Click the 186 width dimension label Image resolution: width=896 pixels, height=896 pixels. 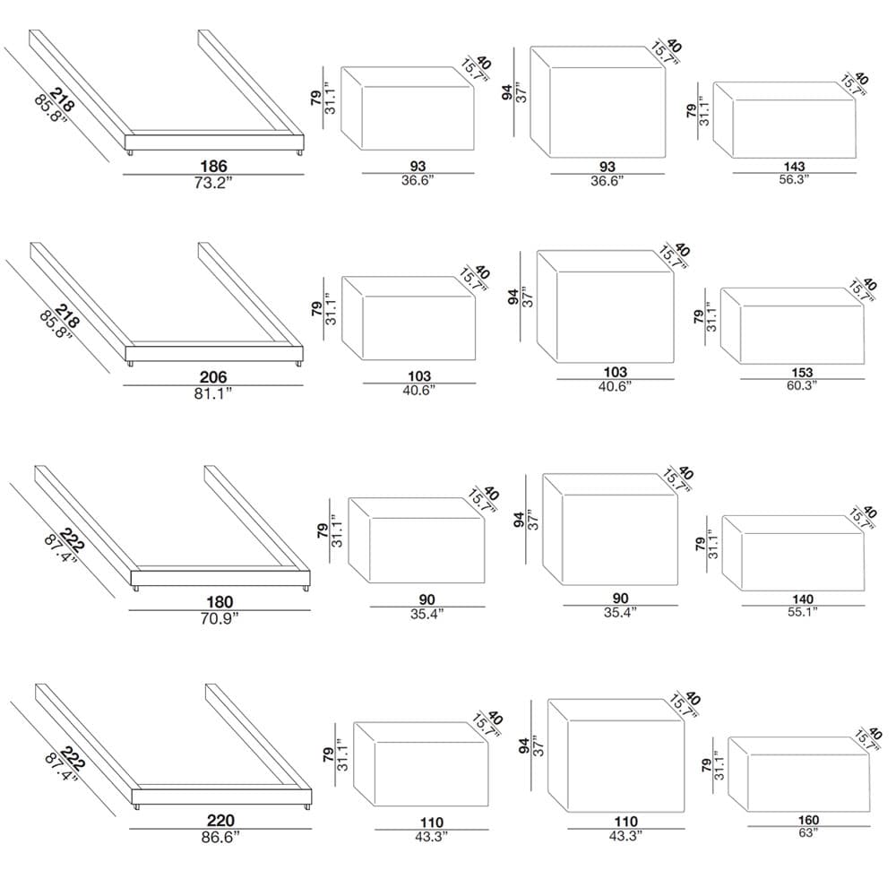click(x=214, y=167)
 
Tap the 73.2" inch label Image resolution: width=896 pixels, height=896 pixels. click(x=213, y=183)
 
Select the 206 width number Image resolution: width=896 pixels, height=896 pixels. click(x=213, y=377)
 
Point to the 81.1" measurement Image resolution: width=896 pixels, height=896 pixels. click(x=213, y=393)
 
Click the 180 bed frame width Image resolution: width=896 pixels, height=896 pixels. click(x=220, y=602)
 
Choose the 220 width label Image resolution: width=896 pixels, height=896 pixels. click(x=220, y=821)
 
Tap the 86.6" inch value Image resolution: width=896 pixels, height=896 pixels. click(x=220, y=838)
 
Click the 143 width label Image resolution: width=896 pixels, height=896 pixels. click(x=794, y=167)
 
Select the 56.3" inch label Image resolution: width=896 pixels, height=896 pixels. click(x=794, y=179)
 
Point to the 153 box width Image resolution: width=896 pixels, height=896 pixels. click(x=802, y=373)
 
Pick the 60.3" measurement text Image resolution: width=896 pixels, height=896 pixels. click(x=802, y=385)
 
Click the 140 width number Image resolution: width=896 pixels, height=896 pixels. click(x=803, y=599)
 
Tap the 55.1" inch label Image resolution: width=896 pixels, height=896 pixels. click(x=803, y=613)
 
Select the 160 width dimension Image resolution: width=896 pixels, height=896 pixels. click(x=808, y=820)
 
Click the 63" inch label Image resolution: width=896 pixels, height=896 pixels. click(x=808, y=833)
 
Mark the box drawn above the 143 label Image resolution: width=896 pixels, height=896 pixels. click(x=785, y=120)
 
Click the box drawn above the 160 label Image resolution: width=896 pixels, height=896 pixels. click(x=799, y=774)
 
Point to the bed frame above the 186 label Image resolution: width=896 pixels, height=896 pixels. click(x=167, y=93)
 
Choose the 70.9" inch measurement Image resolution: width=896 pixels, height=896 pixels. click(x=220, y=619)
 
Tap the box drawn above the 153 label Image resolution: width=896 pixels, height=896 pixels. click(x=792, y=326)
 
